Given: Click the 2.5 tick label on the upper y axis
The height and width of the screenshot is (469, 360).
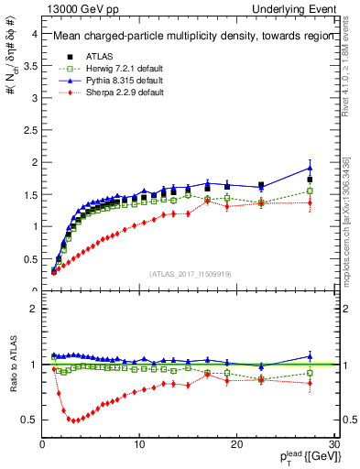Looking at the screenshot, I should (x=29, y=130).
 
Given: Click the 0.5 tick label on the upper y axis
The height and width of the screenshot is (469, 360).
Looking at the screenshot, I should (x=29, y=258).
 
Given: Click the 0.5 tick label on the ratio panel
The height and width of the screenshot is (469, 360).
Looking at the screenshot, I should (x=29, y=420).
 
